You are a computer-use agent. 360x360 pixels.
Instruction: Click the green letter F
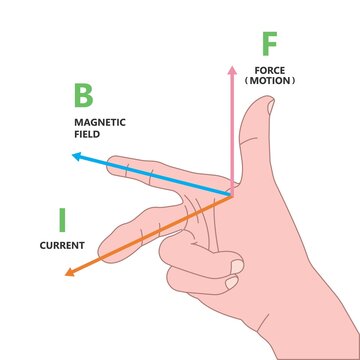pos(268,45)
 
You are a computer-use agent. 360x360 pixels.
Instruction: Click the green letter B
pos(84,97)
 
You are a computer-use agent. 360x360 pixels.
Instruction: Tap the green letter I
pos(62,218)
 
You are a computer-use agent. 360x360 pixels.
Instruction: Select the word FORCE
pos(270,70)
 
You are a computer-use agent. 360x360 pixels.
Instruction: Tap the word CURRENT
pos(61,245)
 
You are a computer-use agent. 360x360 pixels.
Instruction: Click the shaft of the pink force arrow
pos(233,130)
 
